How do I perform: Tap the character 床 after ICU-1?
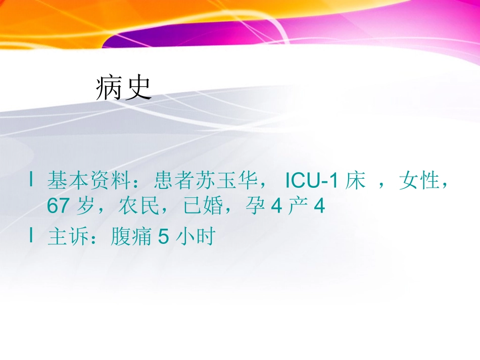pos(356,181)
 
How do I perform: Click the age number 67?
pos(58,207)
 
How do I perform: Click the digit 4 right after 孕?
pos(276,207)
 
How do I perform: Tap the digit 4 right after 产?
pos(319,207)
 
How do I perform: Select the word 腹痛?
pos(126,236)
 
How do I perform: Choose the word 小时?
pos(195,236)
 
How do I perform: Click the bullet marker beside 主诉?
pos(32,235)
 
